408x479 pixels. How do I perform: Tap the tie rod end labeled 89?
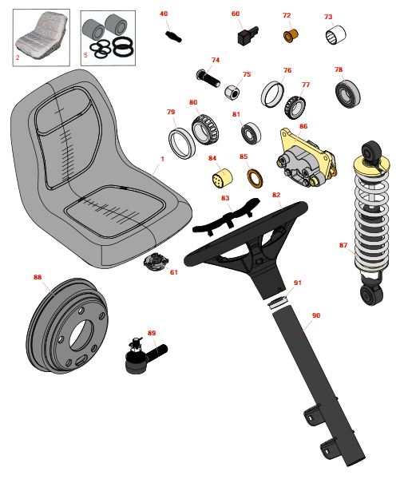tap(143, 357)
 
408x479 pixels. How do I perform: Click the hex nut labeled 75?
tap(232, 93)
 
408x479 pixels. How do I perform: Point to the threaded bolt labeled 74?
tap(208, 78)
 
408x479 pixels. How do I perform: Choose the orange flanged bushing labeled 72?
tap(291, 36)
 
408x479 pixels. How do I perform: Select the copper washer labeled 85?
tap(255, 179)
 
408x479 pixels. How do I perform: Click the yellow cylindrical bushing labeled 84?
tap(222, 178)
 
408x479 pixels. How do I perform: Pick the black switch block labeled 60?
tap(248, 35)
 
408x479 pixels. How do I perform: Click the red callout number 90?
tap(316, 315)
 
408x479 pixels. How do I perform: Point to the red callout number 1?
tap(163, 159)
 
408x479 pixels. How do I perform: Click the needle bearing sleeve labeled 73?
tap(335, 35)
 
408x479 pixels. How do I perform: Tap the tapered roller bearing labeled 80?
tap(205, 129)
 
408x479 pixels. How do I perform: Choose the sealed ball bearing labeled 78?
tap(347, 93)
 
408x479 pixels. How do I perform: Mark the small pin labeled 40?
tap(173, 36)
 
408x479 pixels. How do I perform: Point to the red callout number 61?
tap(173, 272)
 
